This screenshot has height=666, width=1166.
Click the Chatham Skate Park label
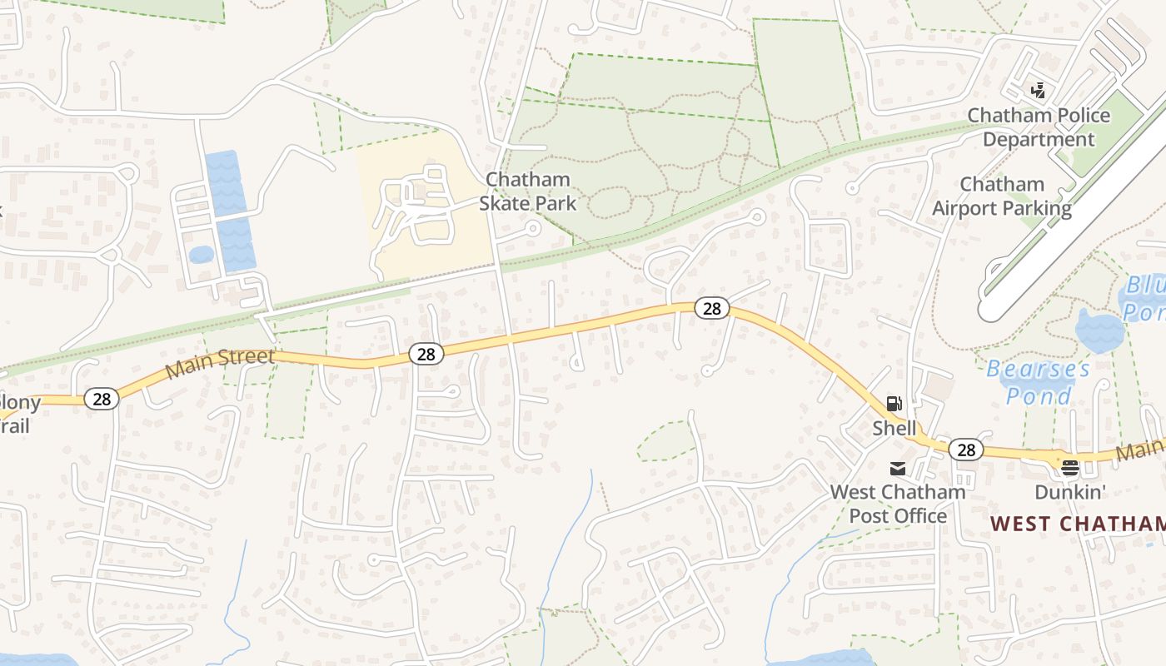pos(527,191)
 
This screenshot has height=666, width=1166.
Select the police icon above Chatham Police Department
pos(1038,90)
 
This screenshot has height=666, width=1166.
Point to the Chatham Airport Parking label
pos(1001,196)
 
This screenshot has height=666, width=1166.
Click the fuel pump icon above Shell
pos(894,405)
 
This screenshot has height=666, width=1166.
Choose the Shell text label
pos(894,429)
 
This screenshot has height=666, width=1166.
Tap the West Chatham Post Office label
pos(898,504)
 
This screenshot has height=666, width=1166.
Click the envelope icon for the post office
pos(898,469)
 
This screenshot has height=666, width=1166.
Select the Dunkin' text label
pos(1069,492)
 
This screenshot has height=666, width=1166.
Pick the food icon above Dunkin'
pos(1069,468)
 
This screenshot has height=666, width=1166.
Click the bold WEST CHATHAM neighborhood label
pos(1078,524)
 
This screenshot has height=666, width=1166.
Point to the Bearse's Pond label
pos(1038,382)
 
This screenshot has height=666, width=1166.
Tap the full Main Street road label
pos(220,363)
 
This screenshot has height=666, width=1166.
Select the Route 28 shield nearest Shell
pos(966,450)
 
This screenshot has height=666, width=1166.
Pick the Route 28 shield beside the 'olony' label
pos(102,400)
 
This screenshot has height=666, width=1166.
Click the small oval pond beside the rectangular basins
pos(201,254)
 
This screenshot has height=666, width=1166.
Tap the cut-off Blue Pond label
pos(1145,299)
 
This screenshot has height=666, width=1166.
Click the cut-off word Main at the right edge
pos(1139,450)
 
